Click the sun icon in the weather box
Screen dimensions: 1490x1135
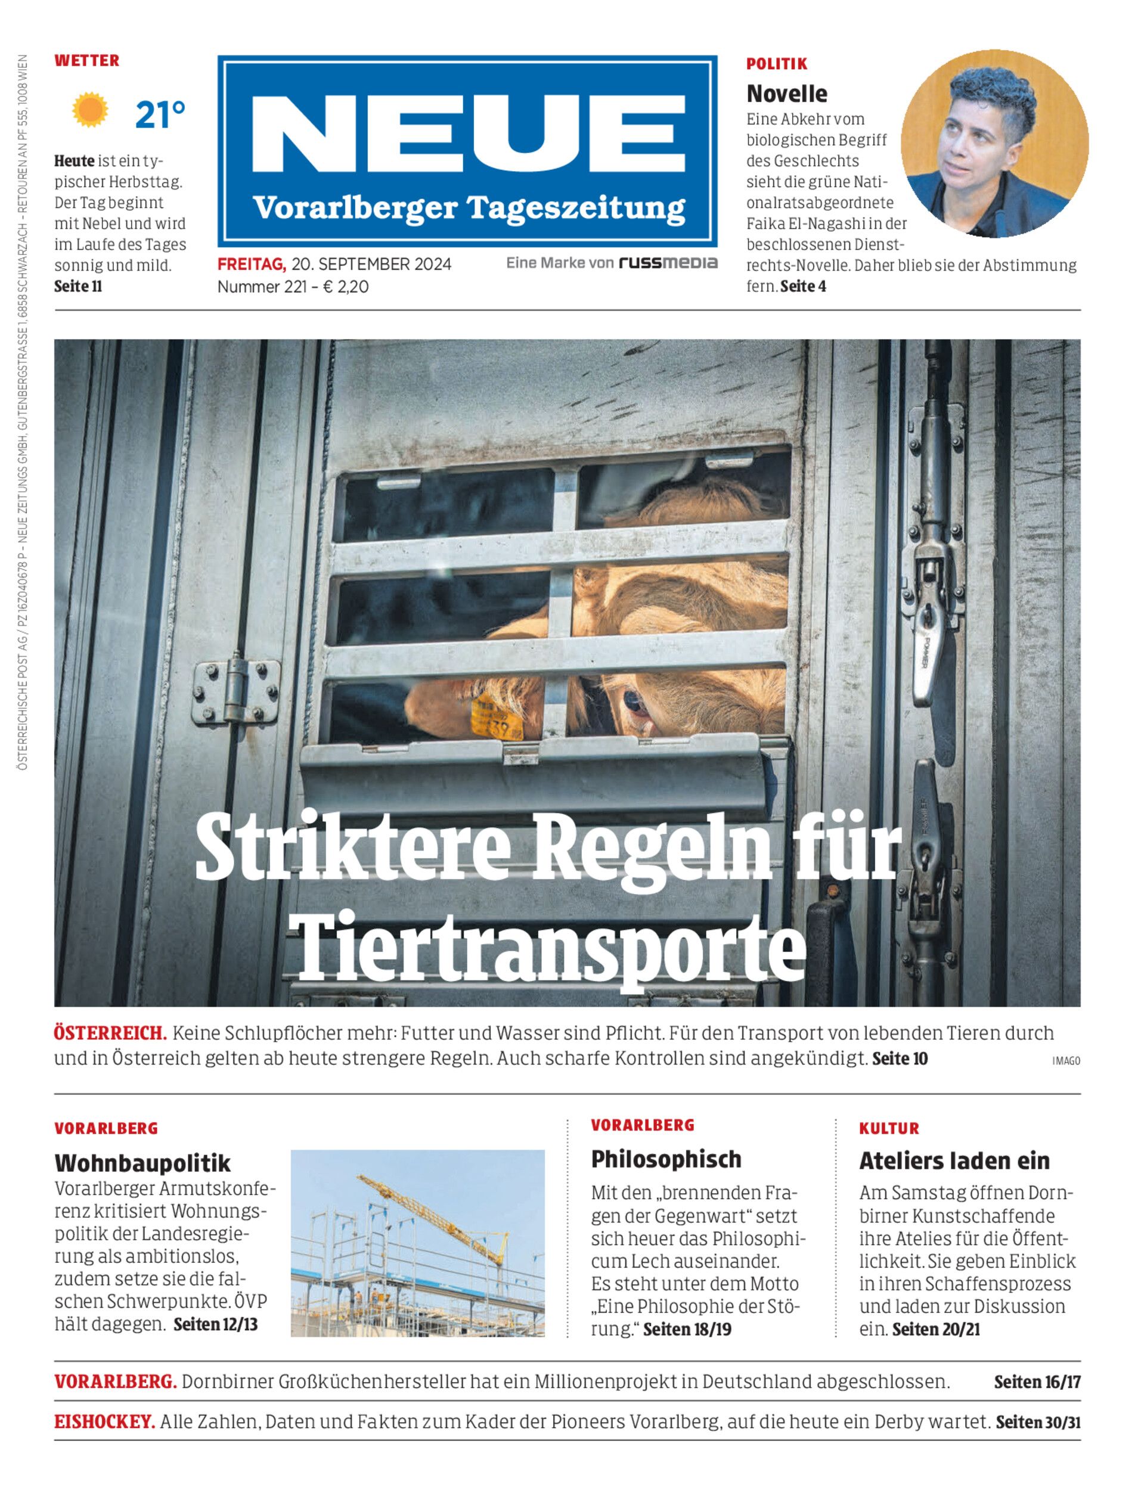[x=90, y=111]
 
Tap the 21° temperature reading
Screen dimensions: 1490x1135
[x=159, y=115]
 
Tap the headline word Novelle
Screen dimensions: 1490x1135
[x=786, y=93]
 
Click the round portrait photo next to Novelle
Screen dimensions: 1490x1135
[x=994, y=143]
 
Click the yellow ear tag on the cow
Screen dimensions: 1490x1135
[x=497, y=718]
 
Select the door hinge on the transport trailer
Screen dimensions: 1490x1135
[x=236, y=690]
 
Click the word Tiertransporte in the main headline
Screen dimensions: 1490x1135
[x=551, y=949]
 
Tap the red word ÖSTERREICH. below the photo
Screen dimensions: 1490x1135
[x=110, y=1033]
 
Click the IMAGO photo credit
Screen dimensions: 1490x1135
[x=1065, y=1061]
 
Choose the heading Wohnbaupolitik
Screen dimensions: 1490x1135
[x=142, y=1163]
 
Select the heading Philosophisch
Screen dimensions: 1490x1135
[x=665, y=1159]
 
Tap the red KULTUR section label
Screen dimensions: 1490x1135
[x=888, y=1129]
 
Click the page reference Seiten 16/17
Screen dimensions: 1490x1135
[x=1037, y=1382]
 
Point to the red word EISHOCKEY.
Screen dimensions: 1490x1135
[x=105, y=1422]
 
